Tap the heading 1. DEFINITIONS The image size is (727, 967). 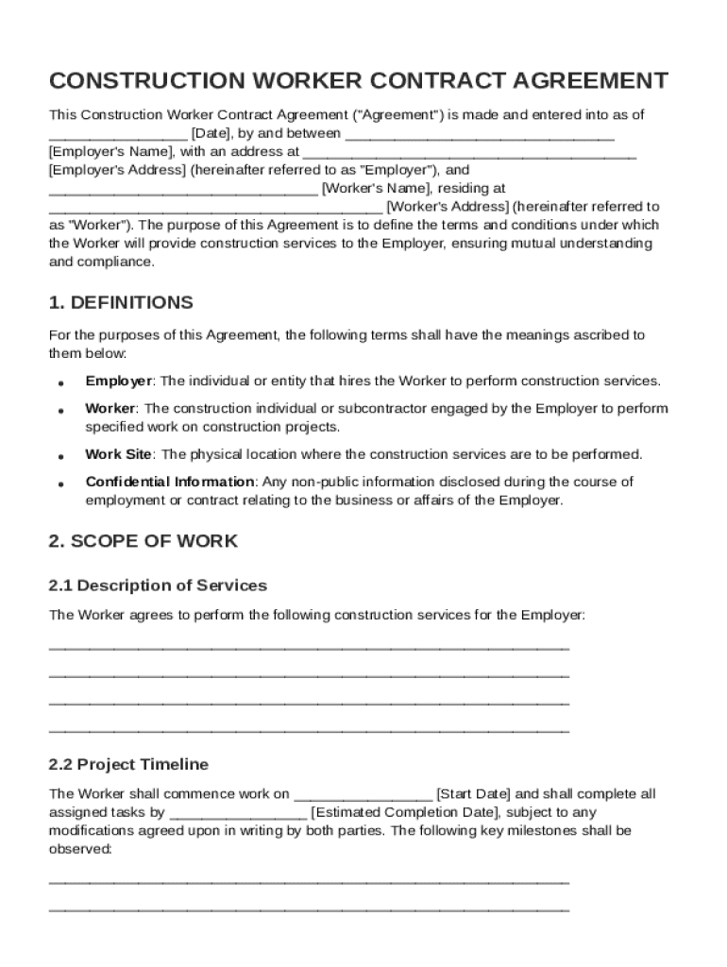click(120, 303)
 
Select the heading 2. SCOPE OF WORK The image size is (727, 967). click(143, 541)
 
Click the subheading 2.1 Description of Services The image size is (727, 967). click(158, 585)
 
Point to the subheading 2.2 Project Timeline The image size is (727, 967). click(128, 764)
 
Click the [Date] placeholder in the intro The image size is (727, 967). click(210, 133)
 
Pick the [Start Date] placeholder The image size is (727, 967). click(473, 794)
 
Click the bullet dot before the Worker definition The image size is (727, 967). click(60, 412)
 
